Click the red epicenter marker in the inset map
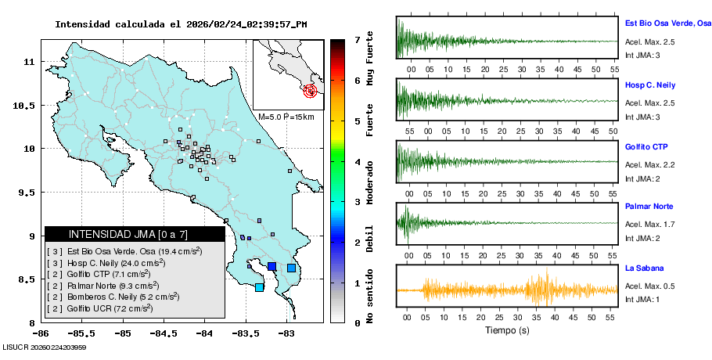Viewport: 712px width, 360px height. (311, 91)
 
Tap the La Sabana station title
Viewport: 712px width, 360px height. (642, 268)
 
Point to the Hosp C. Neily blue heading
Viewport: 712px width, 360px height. (649, 85)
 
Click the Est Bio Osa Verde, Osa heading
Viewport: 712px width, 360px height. (667, 23)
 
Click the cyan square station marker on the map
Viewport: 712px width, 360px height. (260, 287)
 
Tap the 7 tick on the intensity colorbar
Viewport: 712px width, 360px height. (357, 39)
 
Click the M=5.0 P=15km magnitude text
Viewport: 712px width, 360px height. (286, 117)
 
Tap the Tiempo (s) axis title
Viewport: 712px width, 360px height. (506, 330)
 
